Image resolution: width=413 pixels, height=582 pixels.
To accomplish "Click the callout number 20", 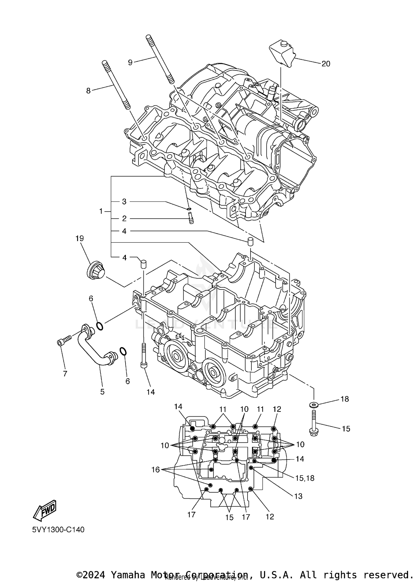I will pos(326,64).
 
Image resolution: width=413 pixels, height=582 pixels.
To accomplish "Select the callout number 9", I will pos(130,62).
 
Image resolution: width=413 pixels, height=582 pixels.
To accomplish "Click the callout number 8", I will pos(88,91).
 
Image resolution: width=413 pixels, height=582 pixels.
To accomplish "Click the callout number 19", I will pos(80,238).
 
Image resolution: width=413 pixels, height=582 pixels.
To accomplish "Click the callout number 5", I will pos(102,392).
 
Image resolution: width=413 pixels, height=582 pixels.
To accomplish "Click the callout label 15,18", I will pos(305,478).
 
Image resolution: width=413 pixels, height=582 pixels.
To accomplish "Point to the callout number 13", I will pos(298,496).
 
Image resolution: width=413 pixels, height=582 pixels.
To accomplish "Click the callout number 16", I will pos(156,469).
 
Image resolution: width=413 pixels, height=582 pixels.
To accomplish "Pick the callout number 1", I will pos(101,211).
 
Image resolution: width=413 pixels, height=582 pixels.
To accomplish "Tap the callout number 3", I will pos(124,202).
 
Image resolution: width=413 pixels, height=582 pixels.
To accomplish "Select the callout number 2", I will pos(124,218).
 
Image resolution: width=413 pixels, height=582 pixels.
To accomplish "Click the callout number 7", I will pos(65,373).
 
